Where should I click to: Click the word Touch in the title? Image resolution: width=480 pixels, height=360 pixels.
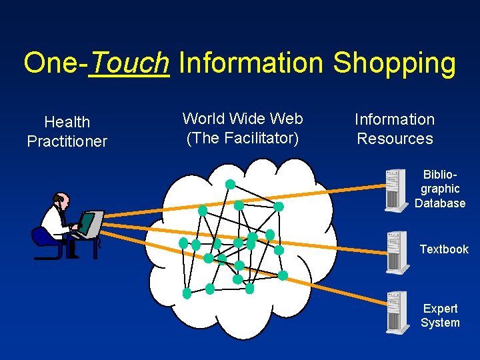click(129, 63)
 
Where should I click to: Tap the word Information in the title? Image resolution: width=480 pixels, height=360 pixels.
click(251, 63)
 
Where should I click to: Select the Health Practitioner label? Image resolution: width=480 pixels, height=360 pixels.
click(67, 131)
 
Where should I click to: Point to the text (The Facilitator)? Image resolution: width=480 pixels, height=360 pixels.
click(243, 138)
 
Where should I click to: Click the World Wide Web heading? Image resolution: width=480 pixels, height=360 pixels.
click(243, 119)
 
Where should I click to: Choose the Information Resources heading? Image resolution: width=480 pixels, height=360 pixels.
click(395, 129)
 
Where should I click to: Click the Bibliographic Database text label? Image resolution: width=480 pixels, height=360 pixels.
click(440, 189)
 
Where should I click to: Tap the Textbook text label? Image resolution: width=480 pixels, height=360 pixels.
click(444, 249)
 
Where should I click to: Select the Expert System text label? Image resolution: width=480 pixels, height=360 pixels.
click(440, 315)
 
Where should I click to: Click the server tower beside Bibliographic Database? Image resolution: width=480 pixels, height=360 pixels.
click(396, 190)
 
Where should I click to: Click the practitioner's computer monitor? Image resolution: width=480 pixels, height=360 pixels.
click(89, 223)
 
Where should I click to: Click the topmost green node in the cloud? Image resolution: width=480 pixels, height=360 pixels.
click(230, 184)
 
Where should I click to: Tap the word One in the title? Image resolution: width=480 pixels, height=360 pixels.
click(51, 63)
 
